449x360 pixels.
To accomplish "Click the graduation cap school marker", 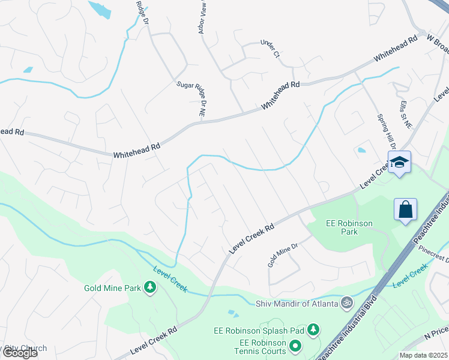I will [399, 162].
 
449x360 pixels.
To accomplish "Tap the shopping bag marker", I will [406, 210].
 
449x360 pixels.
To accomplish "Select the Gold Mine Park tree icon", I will [149, 288].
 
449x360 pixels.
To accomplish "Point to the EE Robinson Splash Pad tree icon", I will [313, 329].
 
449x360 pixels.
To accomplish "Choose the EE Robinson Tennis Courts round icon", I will [295, 346].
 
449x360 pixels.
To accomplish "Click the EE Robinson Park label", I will [349, 227].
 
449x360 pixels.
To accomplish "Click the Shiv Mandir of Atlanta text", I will [297, 303].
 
